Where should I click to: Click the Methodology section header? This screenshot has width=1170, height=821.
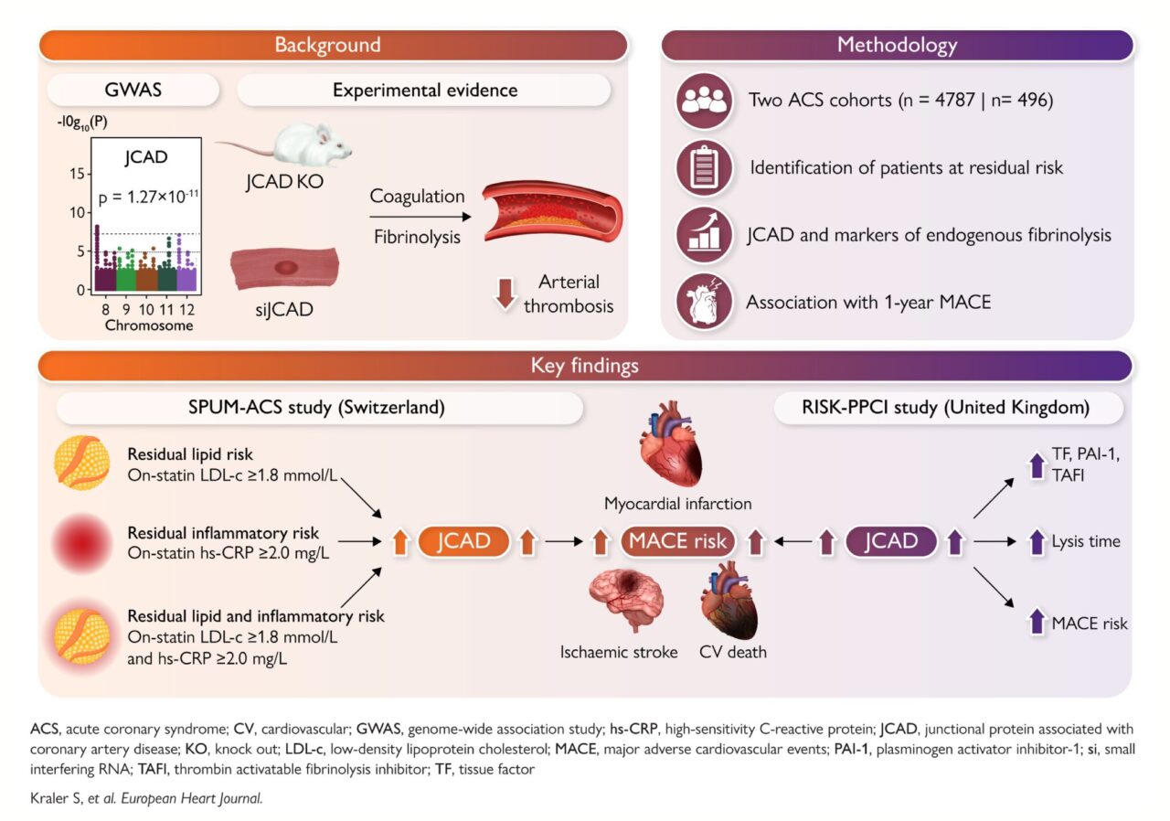tap(897, 45)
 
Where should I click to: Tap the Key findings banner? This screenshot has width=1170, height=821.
tap(585, 366)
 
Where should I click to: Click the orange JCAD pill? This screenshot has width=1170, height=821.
tap(463, 541)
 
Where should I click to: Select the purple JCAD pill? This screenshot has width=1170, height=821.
tap(891, 541)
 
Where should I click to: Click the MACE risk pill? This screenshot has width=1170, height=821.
tap(677, 541)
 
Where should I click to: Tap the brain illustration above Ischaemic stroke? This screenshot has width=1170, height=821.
tap(627, 600)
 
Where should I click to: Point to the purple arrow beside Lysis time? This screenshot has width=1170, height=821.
tap(1037, 542)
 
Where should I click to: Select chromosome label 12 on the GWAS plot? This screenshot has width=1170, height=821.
tap(186, 309)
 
